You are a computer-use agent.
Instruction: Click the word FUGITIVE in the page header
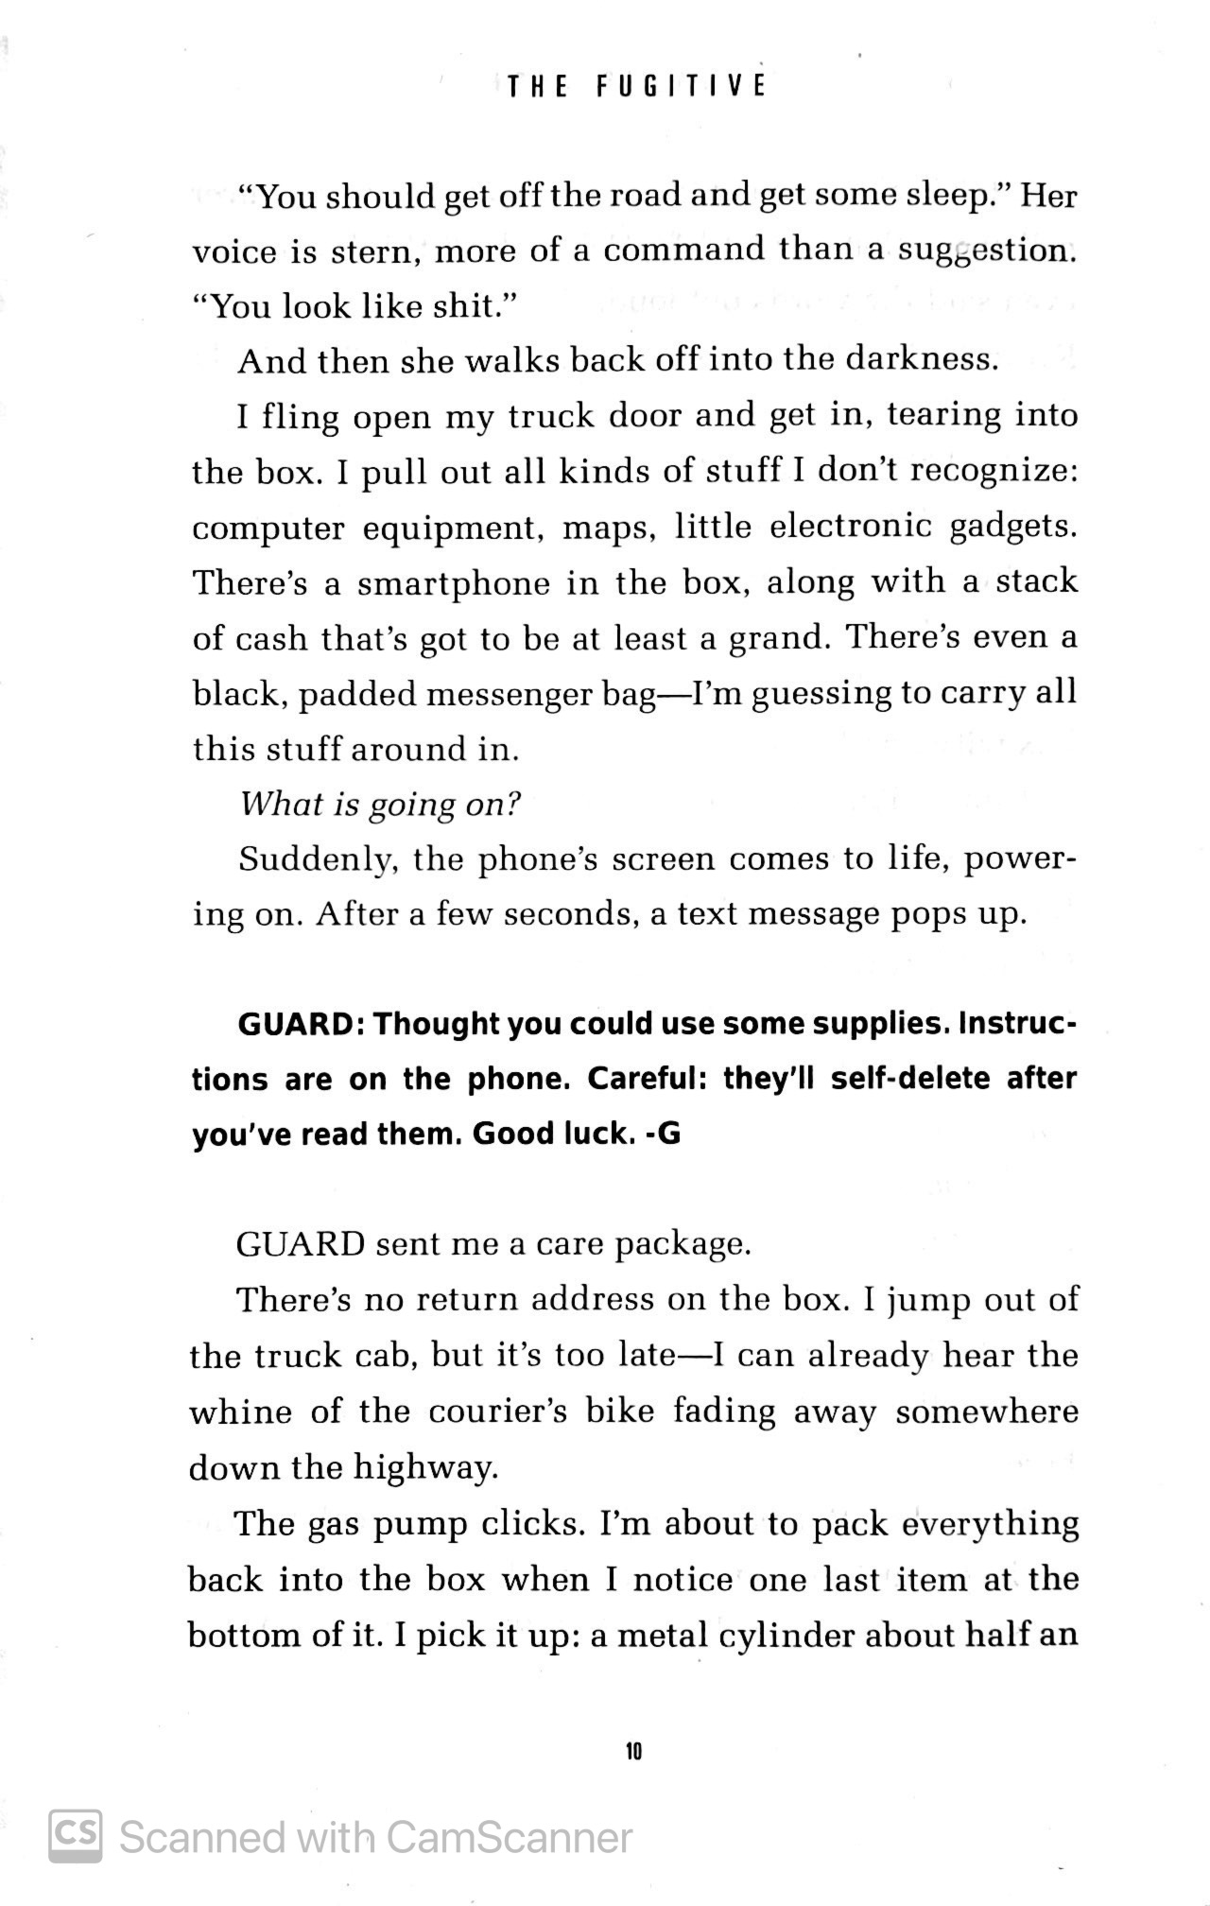point(681,87)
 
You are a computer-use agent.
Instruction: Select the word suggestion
point(986,251)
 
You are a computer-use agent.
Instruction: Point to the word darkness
point(922,360)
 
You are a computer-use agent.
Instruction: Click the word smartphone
point(453,582)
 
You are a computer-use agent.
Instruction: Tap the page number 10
point(633,1751)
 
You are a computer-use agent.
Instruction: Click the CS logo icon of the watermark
point(76,1836)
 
